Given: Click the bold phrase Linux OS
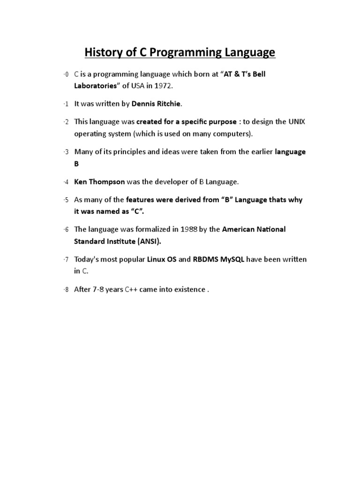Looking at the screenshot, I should pyautogui.click(x=162, y=259).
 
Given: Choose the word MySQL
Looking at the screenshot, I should pyautogui.click(x=230, y=259).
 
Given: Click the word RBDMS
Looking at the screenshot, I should pyautogui.click(x=205, y=259).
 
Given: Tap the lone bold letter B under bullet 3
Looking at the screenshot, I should pyautogui.click(x=77, y=164).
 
